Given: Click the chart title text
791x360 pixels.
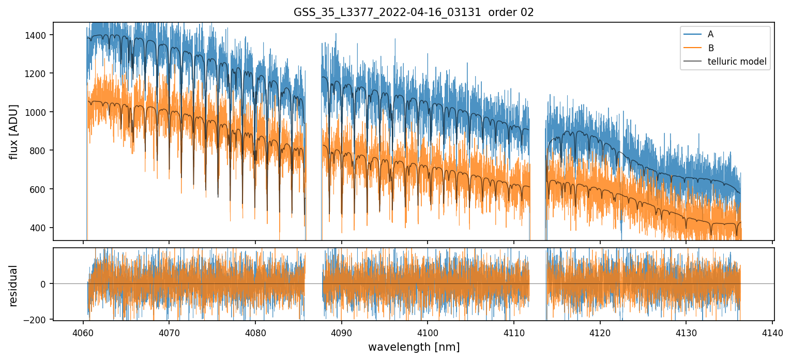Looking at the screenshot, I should [x=414, y=12].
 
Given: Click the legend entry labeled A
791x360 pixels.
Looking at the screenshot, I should [x=710, y=34].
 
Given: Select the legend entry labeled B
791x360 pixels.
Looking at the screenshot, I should [x=711, y=48].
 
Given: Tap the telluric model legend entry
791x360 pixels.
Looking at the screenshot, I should [x=737, y=62].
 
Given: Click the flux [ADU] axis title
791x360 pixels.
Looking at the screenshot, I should [x=14, y=131].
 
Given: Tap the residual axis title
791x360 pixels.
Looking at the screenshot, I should [x=14, y=286].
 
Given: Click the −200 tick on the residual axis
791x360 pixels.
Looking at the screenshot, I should [x=38, y=320].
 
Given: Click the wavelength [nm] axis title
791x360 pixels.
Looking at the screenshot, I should [x=414, y=347].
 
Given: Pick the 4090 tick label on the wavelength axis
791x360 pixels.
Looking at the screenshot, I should [x=341, y=332].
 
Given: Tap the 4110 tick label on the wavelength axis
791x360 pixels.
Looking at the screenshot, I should [x=513, y=332].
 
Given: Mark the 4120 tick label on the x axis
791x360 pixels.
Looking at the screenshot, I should [x=600, y=332].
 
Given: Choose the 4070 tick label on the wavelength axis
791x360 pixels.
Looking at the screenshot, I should [x=169, y=332].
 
